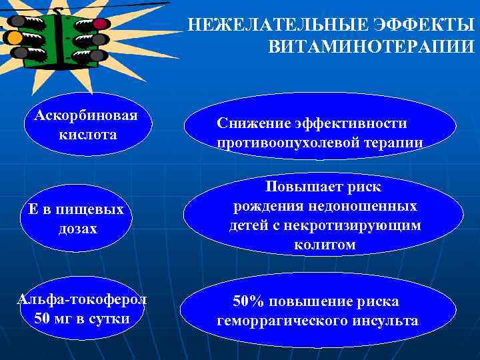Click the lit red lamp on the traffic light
tap(100, 24)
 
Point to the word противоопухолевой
tap(287, 142)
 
